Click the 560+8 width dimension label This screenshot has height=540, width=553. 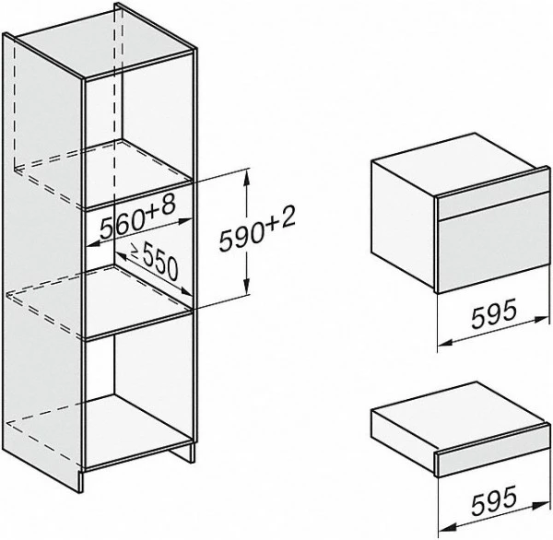(x=137, y=217)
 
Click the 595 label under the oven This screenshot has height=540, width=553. (x=494, y=313)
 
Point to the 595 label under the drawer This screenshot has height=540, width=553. (x=494, y=499)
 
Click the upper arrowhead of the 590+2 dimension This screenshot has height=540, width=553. (x=247, y=176)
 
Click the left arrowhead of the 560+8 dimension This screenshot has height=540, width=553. (x=93, y=243)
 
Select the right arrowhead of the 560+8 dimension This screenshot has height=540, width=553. (x=185, y=221)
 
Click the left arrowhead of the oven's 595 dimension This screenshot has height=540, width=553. (x=445, y=342)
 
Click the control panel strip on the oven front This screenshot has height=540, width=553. (x=494, y=199)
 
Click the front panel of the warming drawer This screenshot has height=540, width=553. (x=494, y=457)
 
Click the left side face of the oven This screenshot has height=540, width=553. (x=404, y=225)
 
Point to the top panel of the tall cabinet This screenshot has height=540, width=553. (x=104, y=42)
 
